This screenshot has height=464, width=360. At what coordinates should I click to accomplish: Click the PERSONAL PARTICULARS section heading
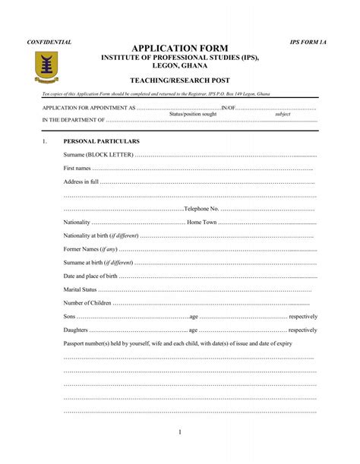(101, 141)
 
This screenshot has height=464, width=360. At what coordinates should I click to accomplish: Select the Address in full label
(81, 181)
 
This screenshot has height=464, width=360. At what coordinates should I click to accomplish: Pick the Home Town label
(202, 222)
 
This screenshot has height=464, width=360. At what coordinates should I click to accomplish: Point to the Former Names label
(91, 249)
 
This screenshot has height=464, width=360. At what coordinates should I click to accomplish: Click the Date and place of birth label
(90, 276)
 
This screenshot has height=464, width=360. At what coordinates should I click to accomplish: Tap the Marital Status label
(81, 289)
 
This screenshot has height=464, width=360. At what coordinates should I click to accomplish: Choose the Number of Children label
(88, 303)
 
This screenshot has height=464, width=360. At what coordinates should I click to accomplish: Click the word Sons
(70, 316)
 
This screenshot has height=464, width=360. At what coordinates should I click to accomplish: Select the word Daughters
(76, 330)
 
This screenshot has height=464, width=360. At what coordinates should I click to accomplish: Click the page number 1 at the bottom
(180, 432)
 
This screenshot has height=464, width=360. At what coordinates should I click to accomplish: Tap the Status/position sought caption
(193, 114)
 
